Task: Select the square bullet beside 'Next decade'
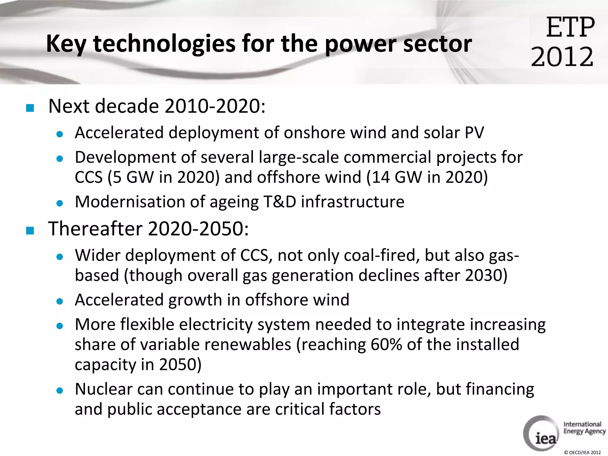30,108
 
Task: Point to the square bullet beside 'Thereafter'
30,230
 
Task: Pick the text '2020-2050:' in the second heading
198,229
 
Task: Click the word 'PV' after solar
474,133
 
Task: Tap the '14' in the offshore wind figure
381,177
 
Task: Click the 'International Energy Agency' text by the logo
584,428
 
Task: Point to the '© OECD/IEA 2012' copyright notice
582,452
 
